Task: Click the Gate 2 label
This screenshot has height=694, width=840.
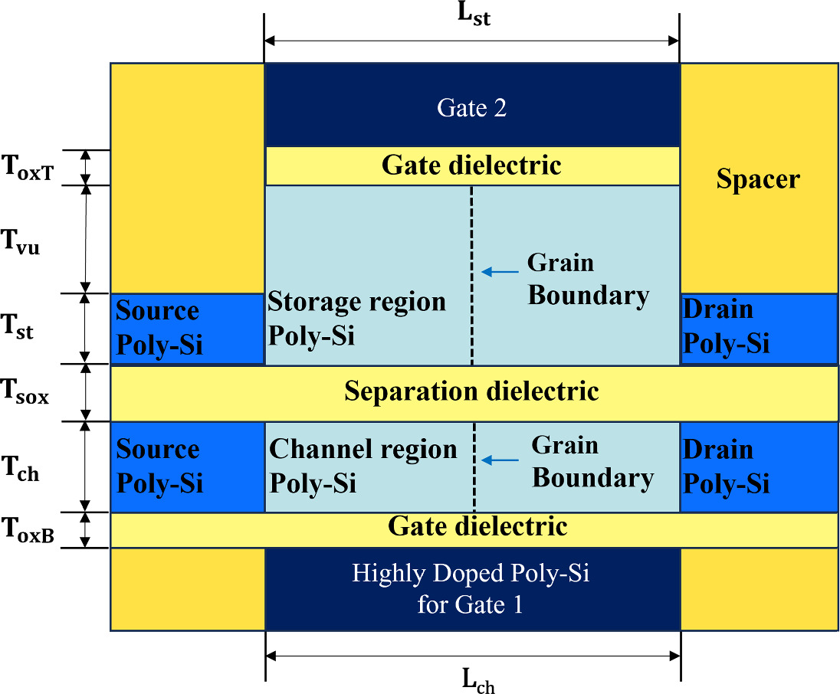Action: [x=471, y=108]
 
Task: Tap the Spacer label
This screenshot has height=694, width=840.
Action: [x=757, y=179]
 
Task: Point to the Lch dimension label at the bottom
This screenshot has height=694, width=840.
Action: [x=477, y=680]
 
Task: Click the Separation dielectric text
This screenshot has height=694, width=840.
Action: [x=471, y=391]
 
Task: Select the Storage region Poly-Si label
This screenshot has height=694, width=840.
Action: [x=356, y=319]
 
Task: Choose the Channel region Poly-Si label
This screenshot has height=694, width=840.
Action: [x=363, y=466]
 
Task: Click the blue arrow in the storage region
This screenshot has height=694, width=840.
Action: [x=498, y=270]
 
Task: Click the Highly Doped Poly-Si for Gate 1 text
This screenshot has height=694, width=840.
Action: [x=471, y=589]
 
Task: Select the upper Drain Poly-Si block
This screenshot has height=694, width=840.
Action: [x=759, y=328]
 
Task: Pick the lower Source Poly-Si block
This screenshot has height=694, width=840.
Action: [x=187, y=466]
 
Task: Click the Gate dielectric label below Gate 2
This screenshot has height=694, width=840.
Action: [x=471, y=165]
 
